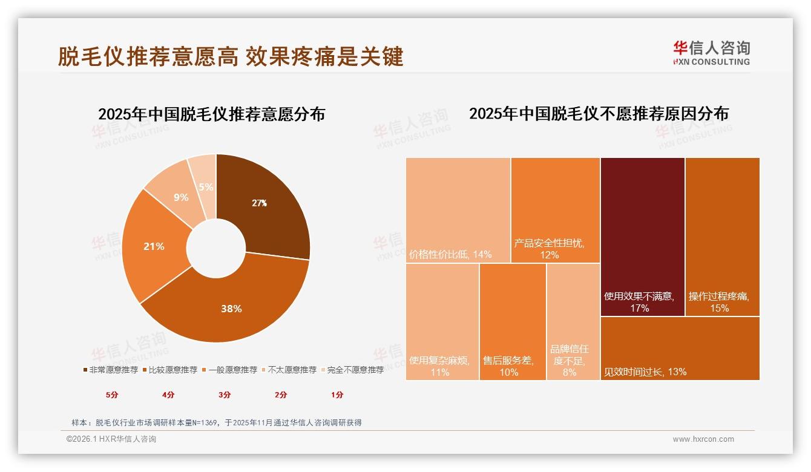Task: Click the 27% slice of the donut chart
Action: pyautogui.click(x=266, y=206)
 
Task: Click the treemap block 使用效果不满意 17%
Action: pyautogui.click(x=642, y=236)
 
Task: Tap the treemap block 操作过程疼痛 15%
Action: pyautogui.click(x=722, y=236)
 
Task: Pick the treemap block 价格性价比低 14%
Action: pyautogui.click(x=458, y=210)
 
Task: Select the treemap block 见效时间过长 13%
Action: pyautogui.click(x=680, y=348)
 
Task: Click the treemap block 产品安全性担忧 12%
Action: pyautogui.click(x=555, y=210)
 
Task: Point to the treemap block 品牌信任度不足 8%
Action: pyautogui.click(x=573, y=322)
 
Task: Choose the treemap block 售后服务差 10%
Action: pyautogui.click(x=512, y=322)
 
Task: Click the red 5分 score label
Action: pyautogui.click(x=113, y=395)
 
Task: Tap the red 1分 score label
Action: pyautogui.click(x=337, y=395)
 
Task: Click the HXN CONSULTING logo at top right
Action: pyautogui.click(x=711, y=53)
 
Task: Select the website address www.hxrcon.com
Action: pyautogui.click(x=703, y=439)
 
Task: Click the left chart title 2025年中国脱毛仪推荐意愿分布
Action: pyautogui.click(x=211, y=114)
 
